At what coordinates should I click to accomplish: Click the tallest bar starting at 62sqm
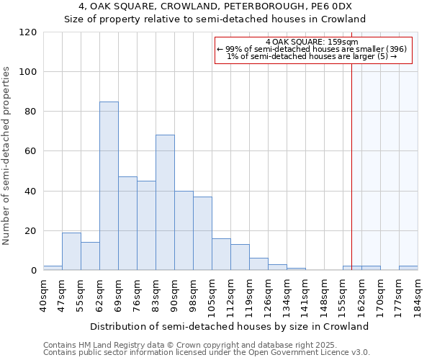[x=109, y=186]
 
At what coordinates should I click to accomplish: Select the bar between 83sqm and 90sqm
[x=165, y=202]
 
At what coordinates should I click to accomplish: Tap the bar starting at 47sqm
[x=71, y=251]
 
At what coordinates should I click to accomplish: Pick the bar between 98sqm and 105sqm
[x=202, y=233]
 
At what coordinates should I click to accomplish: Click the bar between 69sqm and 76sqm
[x=127, y=223]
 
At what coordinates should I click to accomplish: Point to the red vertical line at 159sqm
[x=351, y=166]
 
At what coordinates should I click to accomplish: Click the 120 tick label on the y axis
[x=28, y=32]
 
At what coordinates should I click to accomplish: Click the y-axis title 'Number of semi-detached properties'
[x=7, y=156]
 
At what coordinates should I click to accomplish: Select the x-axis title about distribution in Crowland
[x=230, y=326]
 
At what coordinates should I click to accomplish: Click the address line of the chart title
[x=215, y=6]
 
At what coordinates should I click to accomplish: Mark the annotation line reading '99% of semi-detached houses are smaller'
[x=312, y=49]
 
